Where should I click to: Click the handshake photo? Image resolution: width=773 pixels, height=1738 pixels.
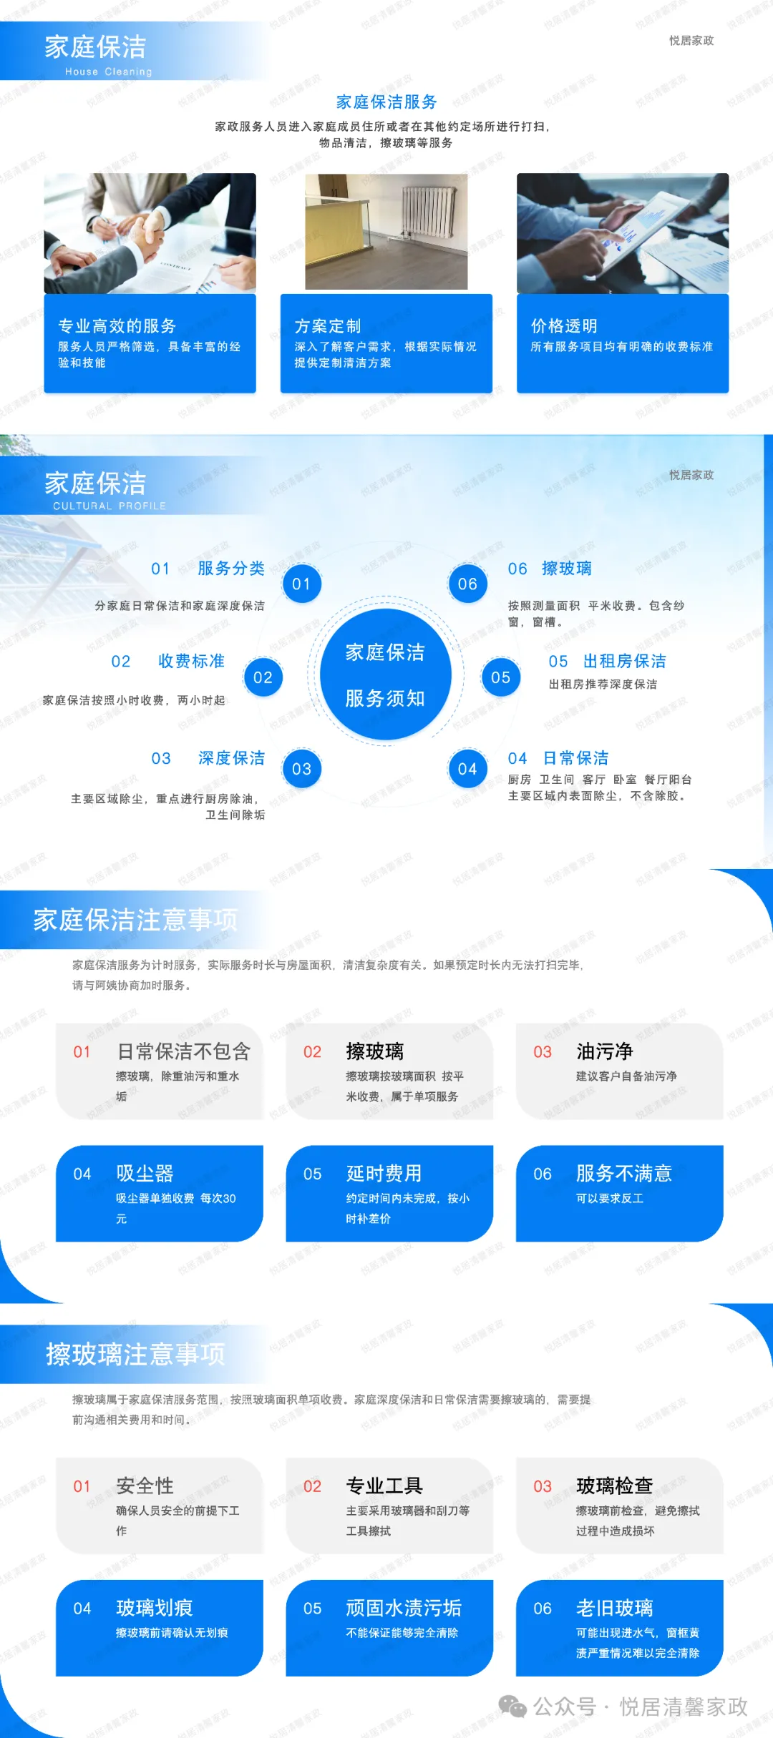pyautogui.click(x=150, y=233)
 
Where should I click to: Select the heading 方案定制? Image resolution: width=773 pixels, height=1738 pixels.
pyautogui.click(x=328, y=326)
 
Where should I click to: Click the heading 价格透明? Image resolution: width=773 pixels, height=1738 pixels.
pyautogui.click(x=564, y=326)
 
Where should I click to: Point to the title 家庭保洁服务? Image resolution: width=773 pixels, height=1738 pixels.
pyautogui.click(x=386, y=102)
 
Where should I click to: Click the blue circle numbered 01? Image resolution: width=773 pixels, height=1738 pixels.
pyautogui.click(x=301, y=584)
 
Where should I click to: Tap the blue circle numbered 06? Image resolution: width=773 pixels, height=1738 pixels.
pyautogui.click(x=467, y=584)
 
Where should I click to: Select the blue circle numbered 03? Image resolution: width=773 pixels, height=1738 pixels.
pyautogui.click(x=301, y=769)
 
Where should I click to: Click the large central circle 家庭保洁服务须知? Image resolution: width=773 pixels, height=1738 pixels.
pyautogui.click(x=385, y=674)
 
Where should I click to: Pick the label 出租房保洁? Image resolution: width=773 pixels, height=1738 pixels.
pyautogui.click(x=624, y=661)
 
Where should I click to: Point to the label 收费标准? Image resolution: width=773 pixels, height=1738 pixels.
pyautogui.click(x=191, y=661)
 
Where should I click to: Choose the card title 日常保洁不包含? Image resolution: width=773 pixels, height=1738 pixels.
pyautogui.click(x=184, y=1051)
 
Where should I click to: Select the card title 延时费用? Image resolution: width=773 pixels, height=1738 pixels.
pyautogui.click(x=384, y=1174)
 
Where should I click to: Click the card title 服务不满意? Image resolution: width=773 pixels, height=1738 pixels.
pyautogui.click(x=623, y=1174)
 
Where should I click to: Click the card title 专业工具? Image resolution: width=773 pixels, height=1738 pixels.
pyautogui.click(x=384, y=1486)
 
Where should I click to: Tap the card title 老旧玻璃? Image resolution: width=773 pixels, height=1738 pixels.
pyautogui.click(x=614, y=1608)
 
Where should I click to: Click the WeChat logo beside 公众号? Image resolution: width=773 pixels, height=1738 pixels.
pyautogui.click(x=512, y=1707)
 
